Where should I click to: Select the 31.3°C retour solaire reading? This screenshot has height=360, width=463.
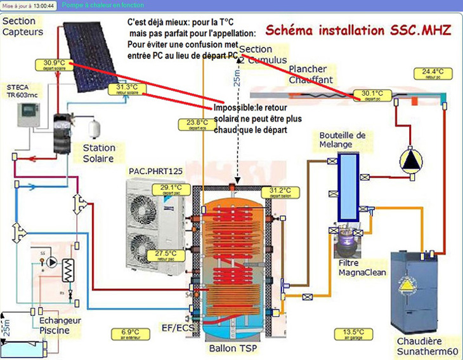pyautogui.click(x=126, y=88)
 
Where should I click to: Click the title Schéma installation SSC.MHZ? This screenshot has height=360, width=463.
pyautogui.click(x=357, y=30)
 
